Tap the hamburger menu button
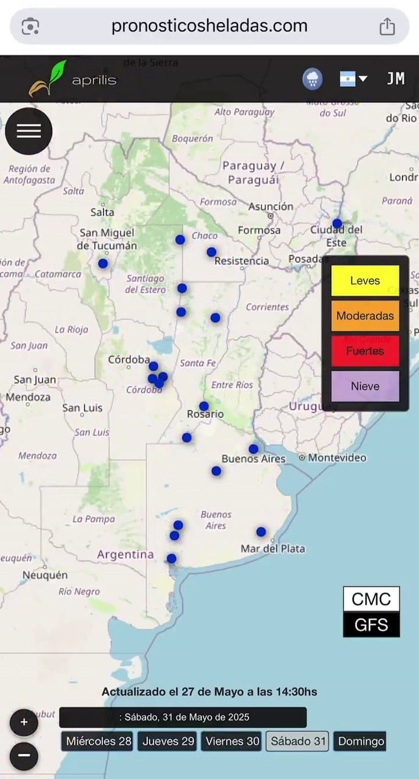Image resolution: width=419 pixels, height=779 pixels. (x=29, y=131)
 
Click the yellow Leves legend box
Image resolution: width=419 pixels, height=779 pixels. (x=365, y=281)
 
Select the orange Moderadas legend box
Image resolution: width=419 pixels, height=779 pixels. (x=365, y=316)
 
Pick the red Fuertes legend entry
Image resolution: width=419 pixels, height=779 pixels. (x=365, y=351)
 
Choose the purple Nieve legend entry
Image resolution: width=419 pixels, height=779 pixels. (x=365, y=386)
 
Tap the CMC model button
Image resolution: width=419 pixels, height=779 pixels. (x=371, y=599)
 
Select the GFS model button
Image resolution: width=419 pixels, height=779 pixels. (x=371, y=624)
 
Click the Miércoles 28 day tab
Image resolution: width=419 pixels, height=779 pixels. (x=98, y=741)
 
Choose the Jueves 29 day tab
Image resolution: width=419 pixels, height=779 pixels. (x=168, y=741)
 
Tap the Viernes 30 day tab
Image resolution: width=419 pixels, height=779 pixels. (x=232, y=741)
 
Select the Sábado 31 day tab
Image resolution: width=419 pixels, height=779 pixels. (x=297, y=741)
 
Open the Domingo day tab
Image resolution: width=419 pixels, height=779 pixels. (x=361, y=741)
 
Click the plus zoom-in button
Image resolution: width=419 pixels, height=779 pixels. (x=24, y=723)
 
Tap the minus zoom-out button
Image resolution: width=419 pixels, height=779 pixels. (x=24, y=756)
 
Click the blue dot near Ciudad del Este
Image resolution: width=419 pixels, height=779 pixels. (x=338, y=224)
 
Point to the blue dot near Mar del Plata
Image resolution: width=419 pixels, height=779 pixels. (x=261, y=531)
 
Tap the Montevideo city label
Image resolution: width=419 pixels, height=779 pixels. (x=337, y=458)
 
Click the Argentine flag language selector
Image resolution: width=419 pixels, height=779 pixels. (x=353, y=79)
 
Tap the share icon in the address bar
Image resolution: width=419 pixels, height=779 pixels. (x=387, y=26)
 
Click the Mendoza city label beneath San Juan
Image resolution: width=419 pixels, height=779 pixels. (x=28, y=397)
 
